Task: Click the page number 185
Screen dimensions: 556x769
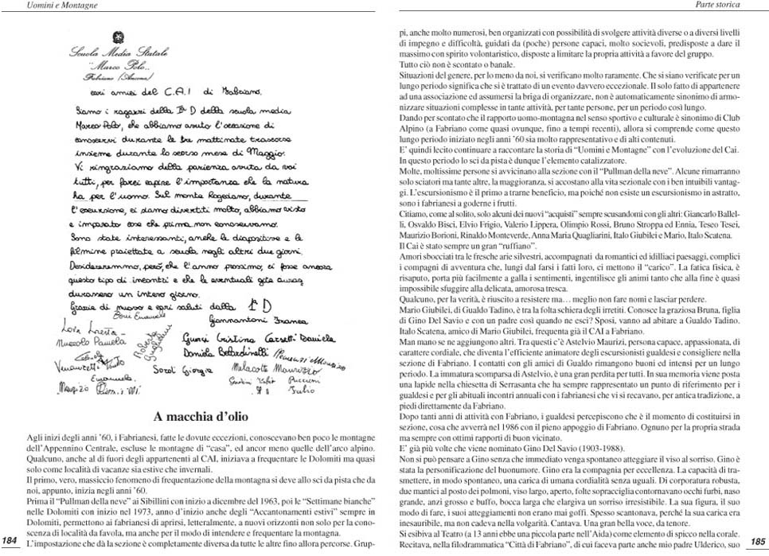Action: click(757, 541)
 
